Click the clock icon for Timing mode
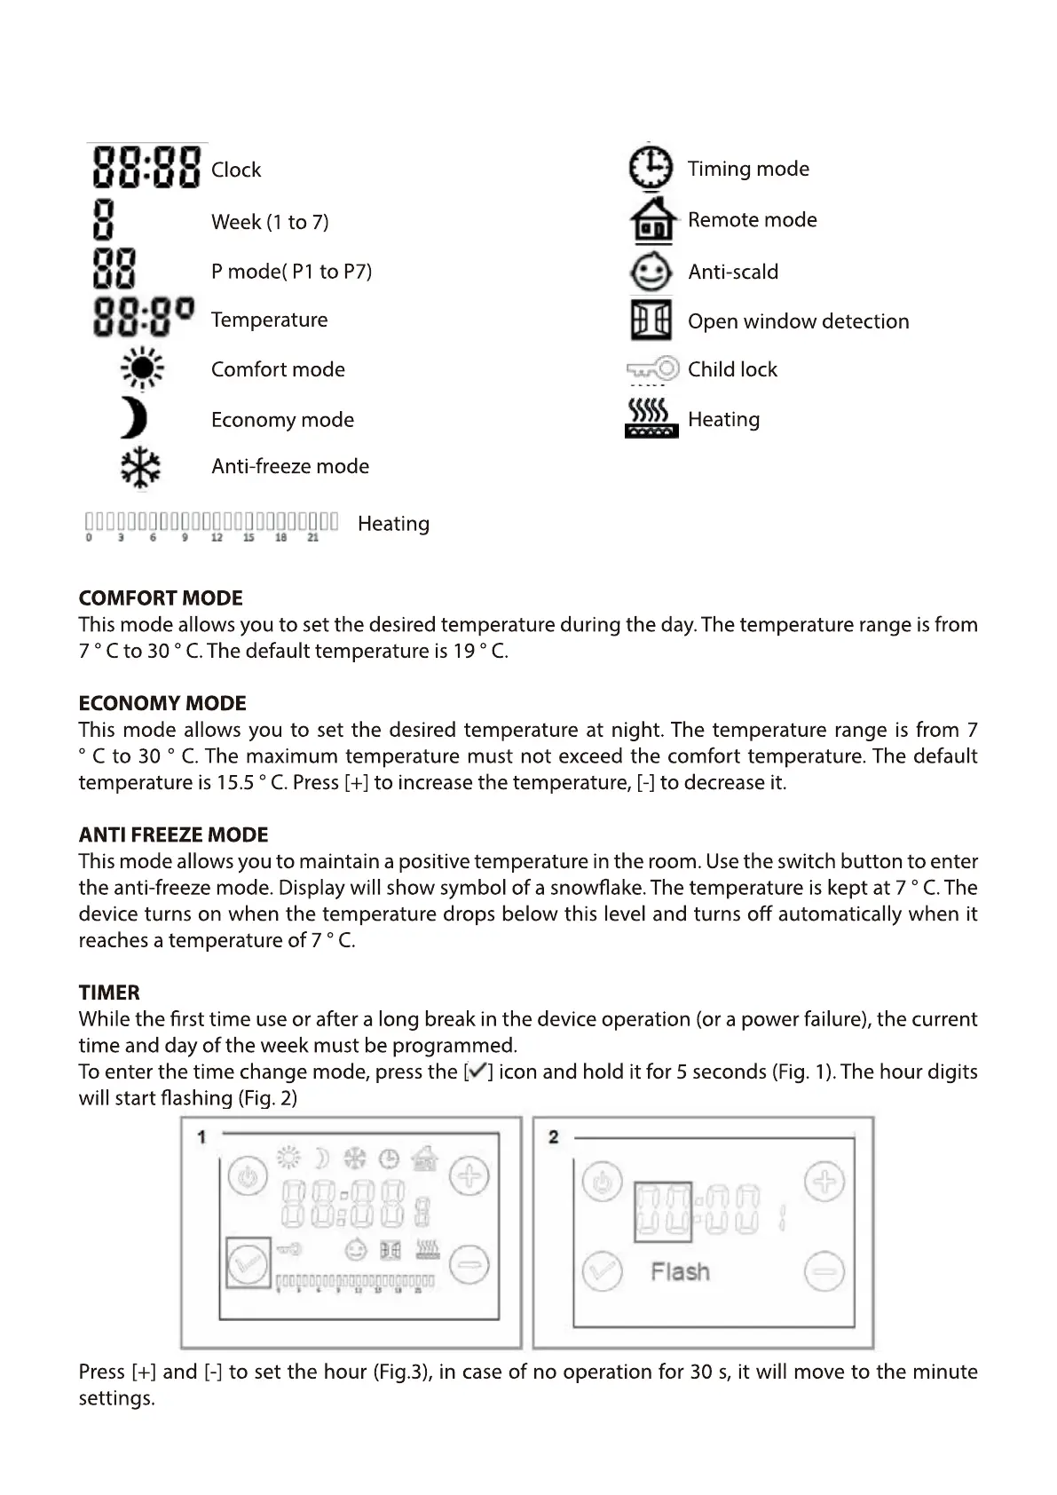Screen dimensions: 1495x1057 pyautogui.click(x=651, y=168)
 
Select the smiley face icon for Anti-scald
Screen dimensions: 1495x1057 pyautogui.click(x=651, y=271)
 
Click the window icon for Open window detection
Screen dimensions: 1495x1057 pyautogui.click(x=651, y=320)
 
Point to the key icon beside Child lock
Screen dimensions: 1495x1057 pyautogui.click(x=653, y=368)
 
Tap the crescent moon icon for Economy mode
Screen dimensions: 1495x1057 pyautogui.click(x=134, y=418)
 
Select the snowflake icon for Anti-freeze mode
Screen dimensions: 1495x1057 pyautogui.click(x=140, y=467)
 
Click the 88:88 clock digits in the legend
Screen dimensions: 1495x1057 pyautogui.click(x=146, y=168)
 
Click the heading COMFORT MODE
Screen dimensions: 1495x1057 pyautogui.click(x=161, y=597)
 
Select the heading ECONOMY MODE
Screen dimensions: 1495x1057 pyautogui.click(x=162, y=703)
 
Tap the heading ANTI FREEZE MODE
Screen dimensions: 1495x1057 pyautogui.click(x=173, y=835)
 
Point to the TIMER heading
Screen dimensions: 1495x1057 pyautogui.click(x=109, y=993)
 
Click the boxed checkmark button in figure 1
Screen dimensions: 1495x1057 pyautogui.click(x=248, y=1262)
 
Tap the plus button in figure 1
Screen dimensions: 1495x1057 pyautogui.click(x=469, y=1178)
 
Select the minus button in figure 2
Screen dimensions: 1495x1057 pyautogui.click(x=824, y=1271)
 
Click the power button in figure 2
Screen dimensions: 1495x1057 pyautogui.click(x=603, y=1183)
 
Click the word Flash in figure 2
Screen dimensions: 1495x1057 pyautogui.click(x=681, y=1271)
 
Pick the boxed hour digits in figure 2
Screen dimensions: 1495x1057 pyautogui.click(x=662, y=1211)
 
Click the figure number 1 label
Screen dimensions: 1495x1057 pyautogui.click(x=202, y=1136)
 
